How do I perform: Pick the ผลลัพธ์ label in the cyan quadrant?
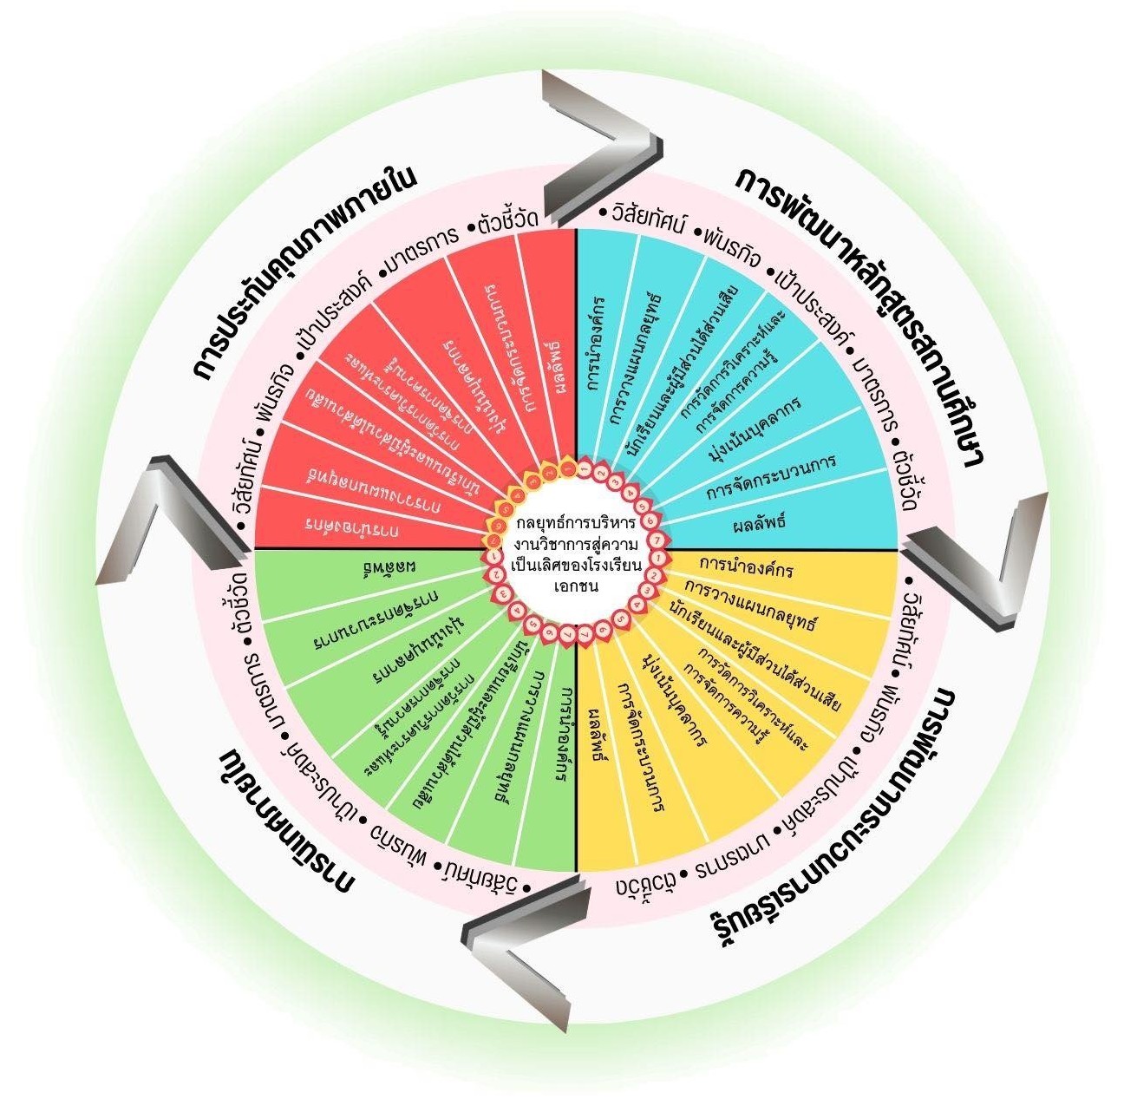758,524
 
